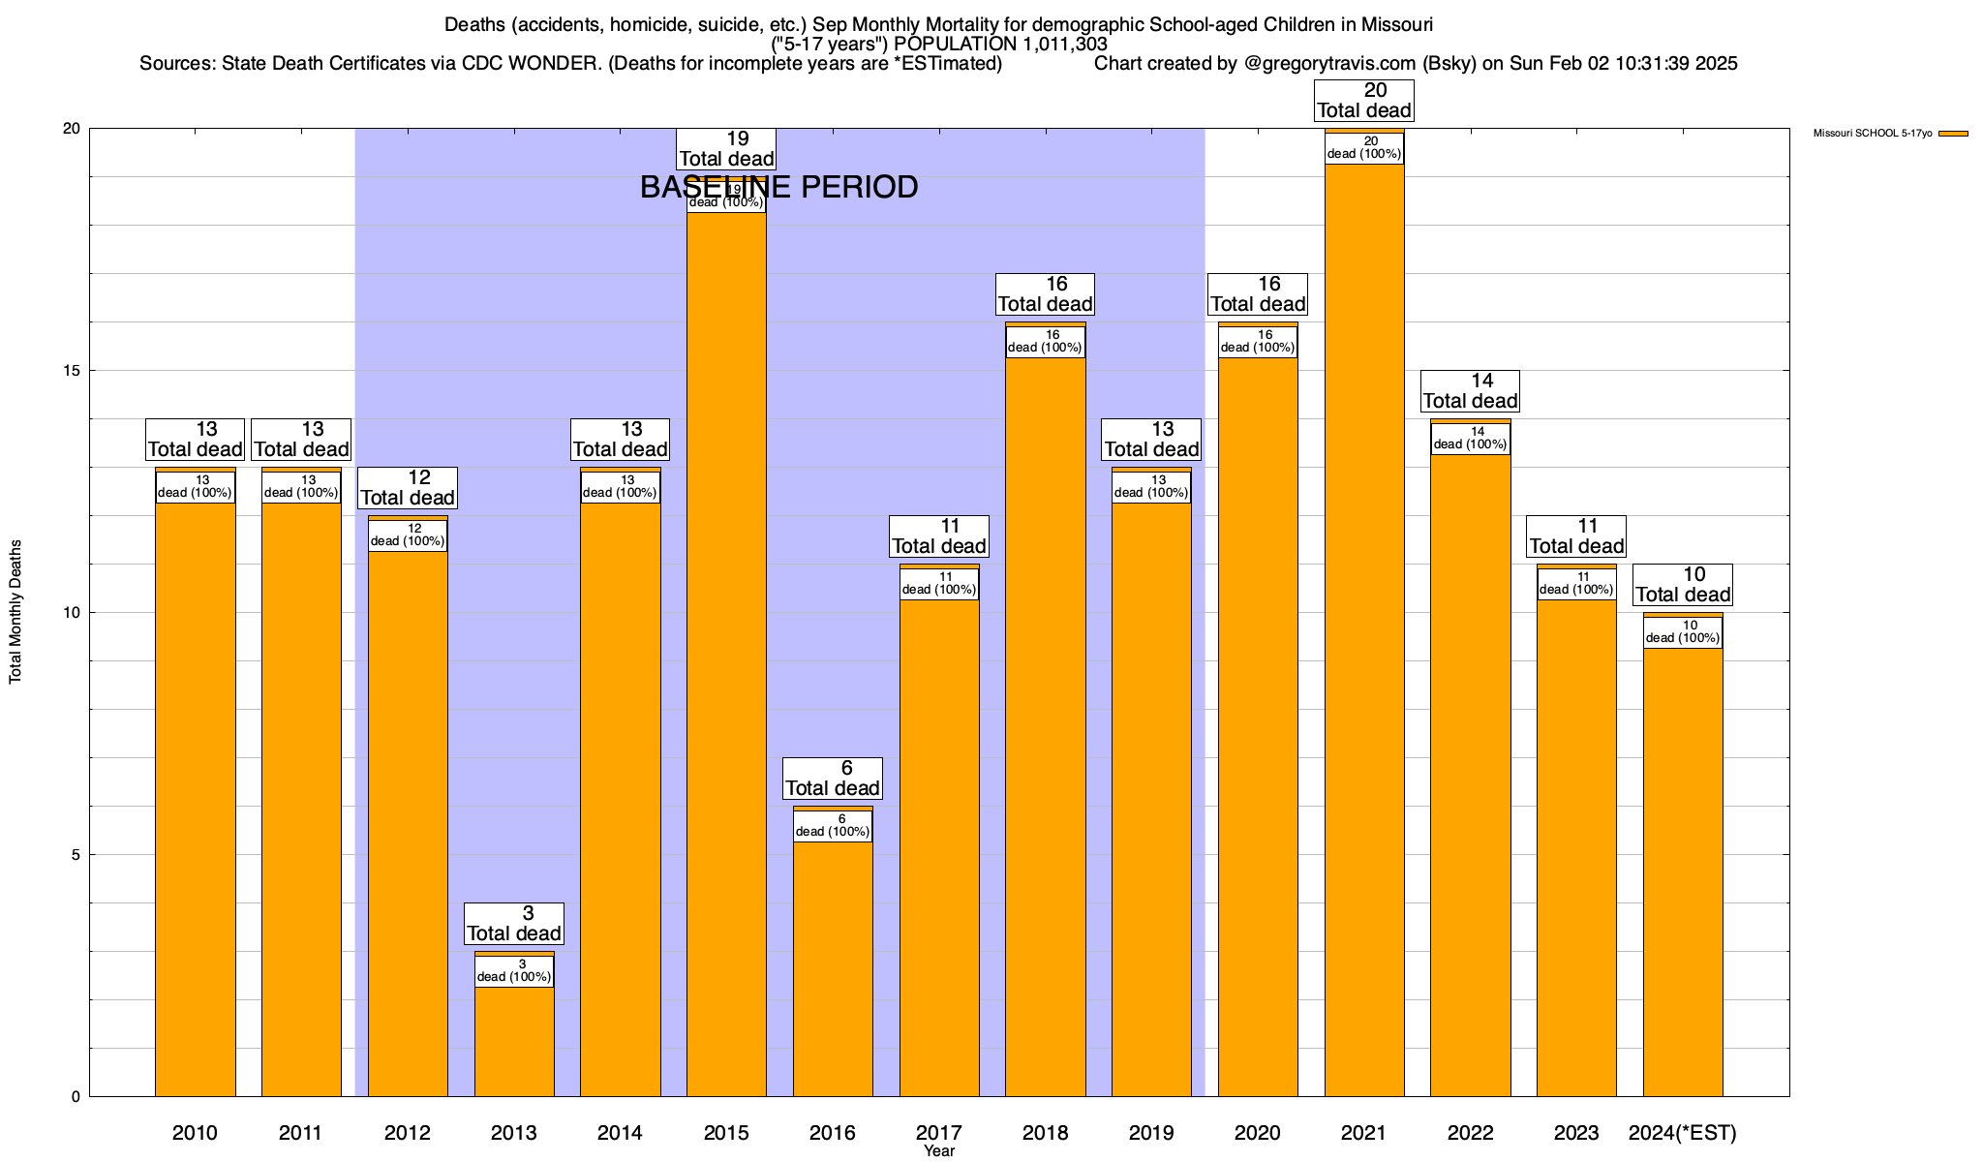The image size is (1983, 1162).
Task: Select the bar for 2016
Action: pyautogui.click(x=833, y=968)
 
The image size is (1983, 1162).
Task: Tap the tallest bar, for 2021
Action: pyautogui.click(x=1364, y=629)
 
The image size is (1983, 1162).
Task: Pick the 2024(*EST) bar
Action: pyautogui.click(x=1683, y=871)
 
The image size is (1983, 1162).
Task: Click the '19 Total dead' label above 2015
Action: pyautogui.click(x=726, y=149)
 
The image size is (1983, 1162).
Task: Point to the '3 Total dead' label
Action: pyautogui.click(x=514, y=924)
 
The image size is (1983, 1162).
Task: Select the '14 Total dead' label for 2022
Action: pyautogui.click(x=1471, y=391)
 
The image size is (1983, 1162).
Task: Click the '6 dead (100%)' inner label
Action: pyautogui.click(x=833, y=826)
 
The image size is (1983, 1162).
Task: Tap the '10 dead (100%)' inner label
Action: pyautogui.click(x=1683, y=632)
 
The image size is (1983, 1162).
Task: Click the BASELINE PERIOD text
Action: pyautogui.click(x=778, y=187)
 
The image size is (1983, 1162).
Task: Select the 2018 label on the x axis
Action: pyautogui.click(x=1045, y=1133)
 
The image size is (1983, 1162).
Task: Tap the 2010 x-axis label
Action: pyautogui.click(x=195, y=1133)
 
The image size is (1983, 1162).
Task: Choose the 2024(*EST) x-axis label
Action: pyautogui.click(x=1683, y=1133)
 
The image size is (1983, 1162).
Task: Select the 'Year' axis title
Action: pyautogui.click(x=938, y=1151)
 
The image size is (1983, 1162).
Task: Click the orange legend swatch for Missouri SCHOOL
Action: pyautogui.click(x=1953, y=134)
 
